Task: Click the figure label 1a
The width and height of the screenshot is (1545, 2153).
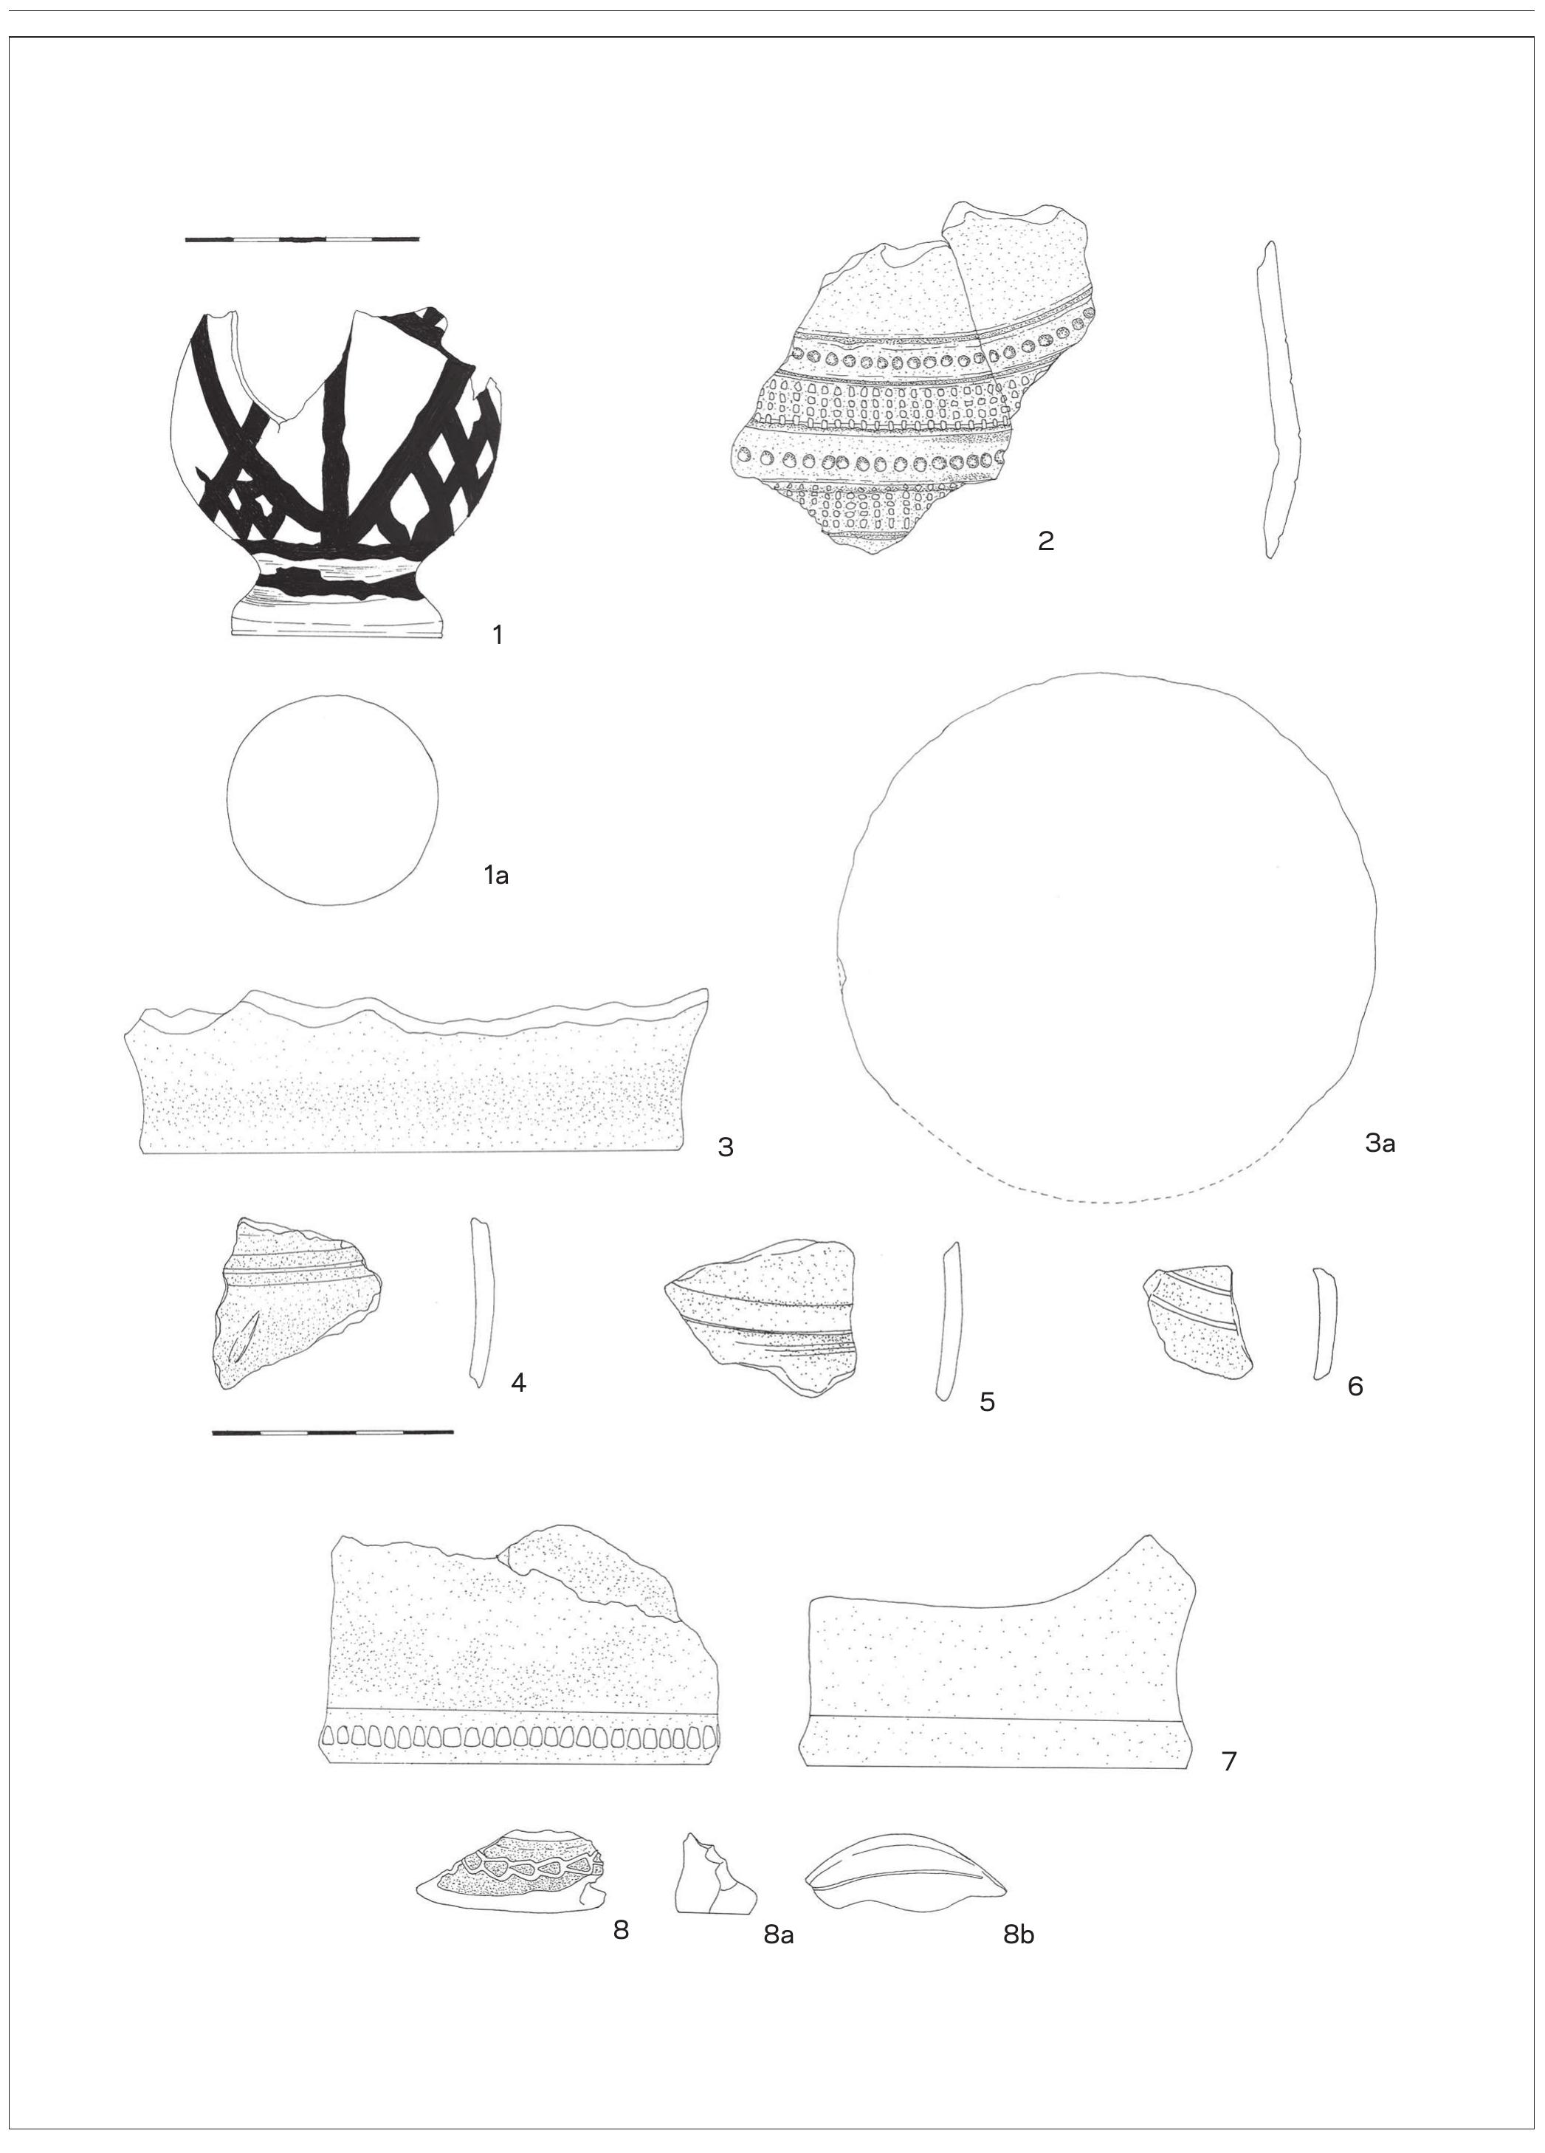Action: pos(495,875)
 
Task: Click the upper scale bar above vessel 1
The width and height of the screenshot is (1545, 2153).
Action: pos(302,239)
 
